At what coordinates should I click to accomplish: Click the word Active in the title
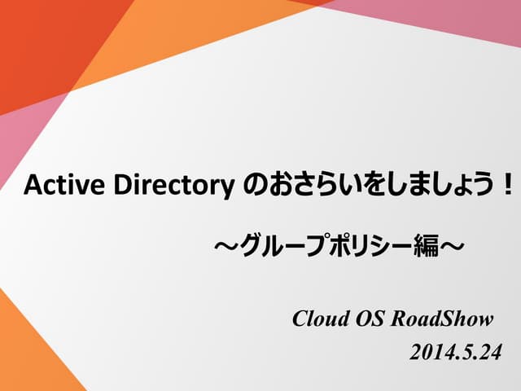tap(52, 186)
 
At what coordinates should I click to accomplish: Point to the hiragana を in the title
tap(366, 186)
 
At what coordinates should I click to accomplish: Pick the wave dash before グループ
tap(224, 244)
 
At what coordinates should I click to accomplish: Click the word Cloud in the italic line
tap(320, 318)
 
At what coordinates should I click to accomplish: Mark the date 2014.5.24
tap(455, 353)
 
